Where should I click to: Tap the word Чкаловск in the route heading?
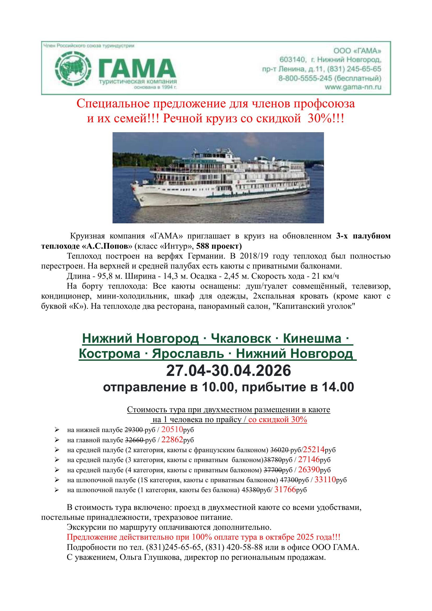tap(241, 339)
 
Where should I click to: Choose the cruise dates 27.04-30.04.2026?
tap(229, 371)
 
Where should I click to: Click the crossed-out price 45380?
tap(250, 490)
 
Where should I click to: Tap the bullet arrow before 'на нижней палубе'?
tap(57, 430)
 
